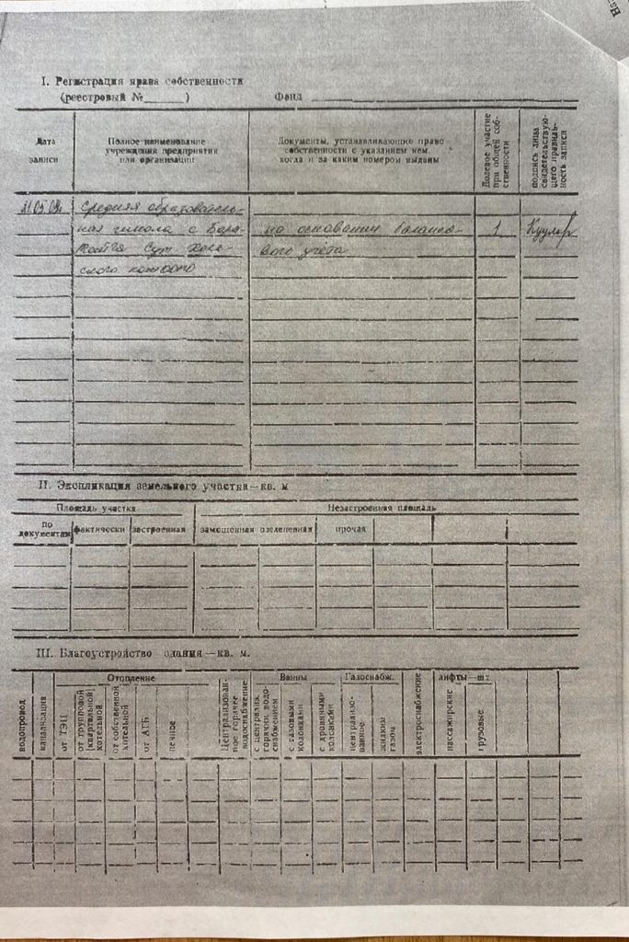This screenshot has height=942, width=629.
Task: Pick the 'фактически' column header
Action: click(100, 529)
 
